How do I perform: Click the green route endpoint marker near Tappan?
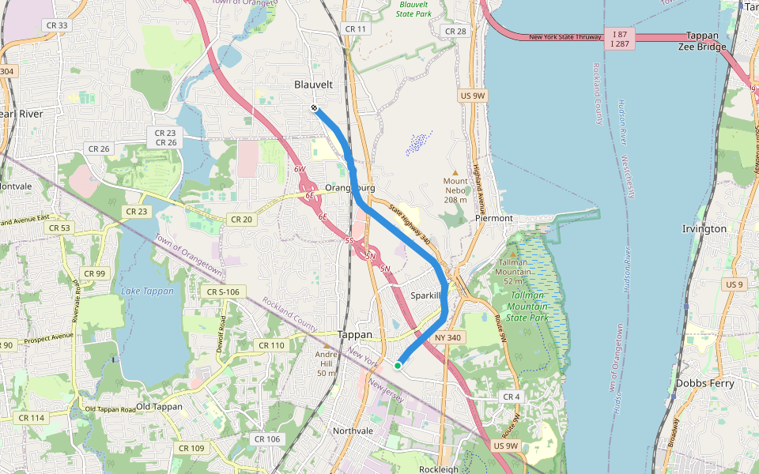tap(398, 365)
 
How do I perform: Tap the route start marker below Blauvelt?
tap(315, 107)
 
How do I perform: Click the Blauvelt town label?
tap(313, 85)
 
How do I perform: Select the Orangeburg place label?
tap(349, 188)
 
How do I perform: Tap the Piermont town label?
tap(494, 218)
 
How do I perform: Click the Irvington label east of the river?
tap(704, 229)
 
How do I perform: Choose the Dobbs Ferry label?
tap(704, 383)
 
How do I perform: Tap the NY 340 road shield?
tap(447, 338)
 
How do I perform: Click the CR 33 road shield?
tap(58, 25)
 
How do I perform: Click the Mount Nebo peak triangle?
tap(455, 172)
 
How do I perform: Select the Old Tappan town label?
tap(159, 407)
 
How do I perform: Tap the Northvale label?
tap(353, 431)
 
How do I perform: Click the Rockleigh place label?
tap(438, 469)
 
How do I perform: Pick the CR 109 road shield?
tap(191, 448)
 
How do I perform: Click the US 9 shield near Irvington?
tap(734, 284)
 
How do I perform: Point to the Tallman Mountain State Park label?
tap(527, 306)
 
